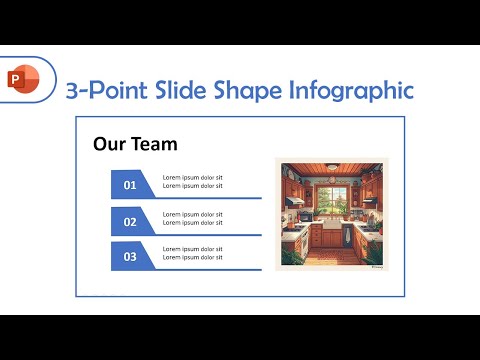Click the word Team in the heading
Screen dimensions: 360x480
point(157,144)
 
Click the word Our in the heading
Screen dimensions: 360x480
point(109,144)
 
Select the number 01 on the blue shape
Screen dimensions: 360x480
point(130,185)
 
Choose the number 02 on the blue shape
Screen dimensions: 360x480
point(130,222)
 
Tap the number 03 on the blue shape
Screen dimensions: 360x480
point(130,257)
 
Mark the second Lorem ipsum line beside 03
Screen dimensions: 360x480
point(193,258)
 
